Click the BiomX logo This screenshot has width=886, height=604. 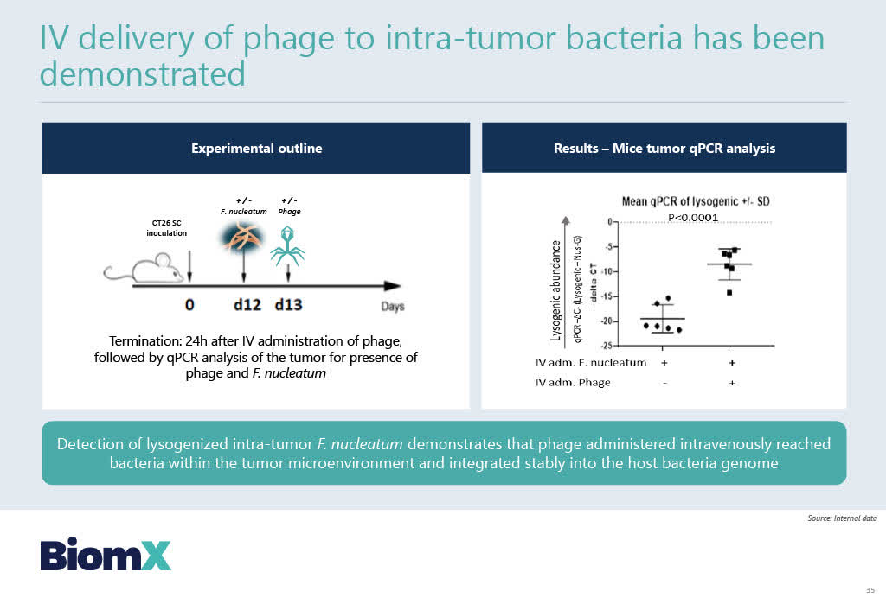(106, 555)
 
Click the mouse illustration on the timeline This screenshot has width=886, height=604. (144, 269)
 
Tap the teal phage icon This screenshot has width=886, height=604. (287, 246)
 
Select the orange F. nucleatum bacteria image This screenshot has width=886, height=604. (242, 237)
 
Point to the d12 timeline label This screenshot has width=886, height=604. (247, 305)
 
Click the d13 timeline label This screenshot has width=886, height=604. (289, 305)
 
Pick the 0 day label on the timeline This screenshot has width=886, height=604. (189, 305)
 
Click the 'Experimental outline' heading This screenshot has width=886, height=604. (256, 149)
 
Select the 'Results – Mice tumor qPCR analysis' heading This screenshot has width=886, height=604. (664, 149)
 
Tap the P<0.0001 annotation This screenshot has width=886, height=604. (693, 218)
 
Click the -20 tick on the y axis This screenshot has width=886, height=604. (607, 321)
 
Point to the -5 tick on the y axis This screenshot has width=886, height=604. (609, 246)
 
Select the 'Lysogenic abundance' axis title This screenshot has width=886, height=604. (556, 290)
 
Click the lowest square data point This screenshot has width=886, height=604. (729, 292)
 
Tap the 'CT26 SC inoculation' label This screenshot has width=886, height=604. (167, 228)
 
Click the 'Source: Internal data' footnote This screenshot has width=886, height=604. (842, 518)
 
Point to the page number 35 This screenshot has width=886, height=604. (870, 590)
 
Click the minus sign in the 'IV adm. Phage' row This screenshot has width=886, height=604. (664, 384)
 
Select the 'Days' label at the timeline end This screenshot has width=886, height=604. (393, 307)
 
